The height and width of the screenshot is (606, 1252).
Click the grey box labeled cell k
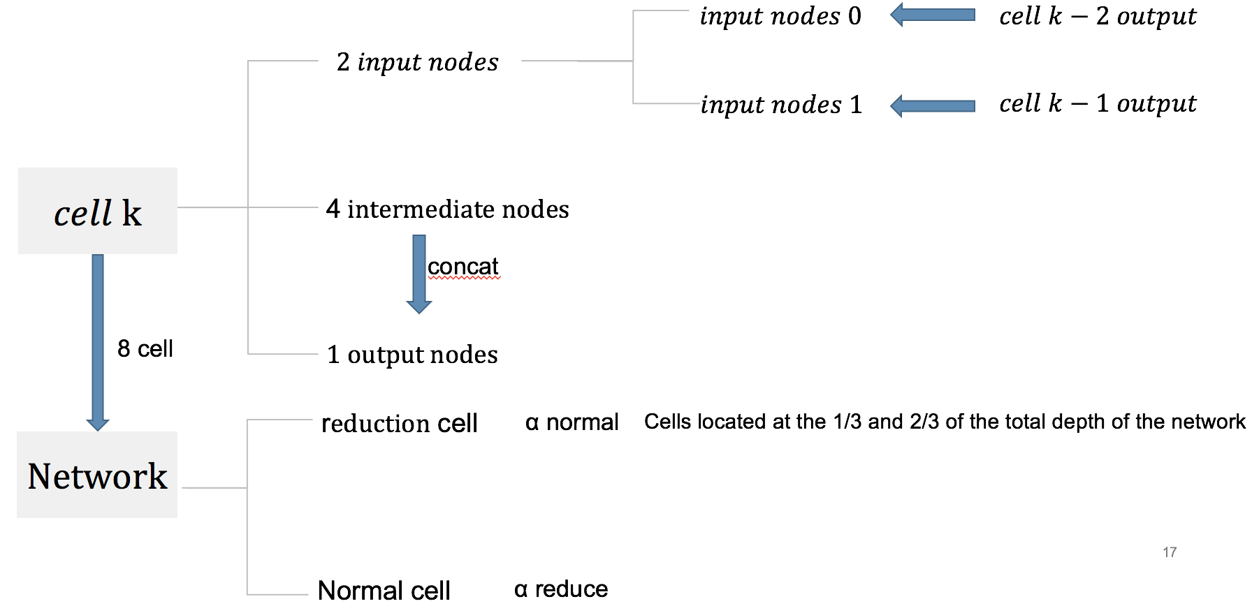click(98, 211)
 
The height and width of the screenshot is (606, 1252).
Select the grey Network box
click(97, 475)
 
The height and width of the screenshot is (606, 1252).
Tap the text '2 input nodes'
click(417, 62)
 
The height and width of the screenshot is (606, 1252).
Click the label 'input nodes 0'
click(780, 16)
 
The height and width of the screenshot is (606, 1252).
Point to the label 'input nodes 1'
click(781, 105)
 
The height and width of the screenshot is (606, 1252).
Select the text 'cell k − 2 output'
click(1097, 16)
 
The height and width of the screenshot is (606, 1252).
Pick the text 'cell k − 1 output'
click(1097, 103)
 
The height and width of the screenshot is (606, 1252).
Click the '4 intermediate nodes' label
click(447, 209)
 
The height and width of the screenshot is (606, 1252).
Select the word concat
click(463, 266)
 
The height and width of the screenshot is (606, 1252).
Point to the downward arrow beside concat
click(418, 274)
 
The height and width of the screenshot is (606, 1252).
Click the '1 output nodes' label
click(412, 355)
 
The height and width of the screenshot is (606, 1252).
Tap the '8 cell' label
click(145, 348)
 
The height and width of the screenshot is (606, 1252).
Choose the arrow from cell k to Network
click(98, 342)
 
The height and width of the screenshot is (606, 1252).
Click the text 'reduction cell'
click(399, 423)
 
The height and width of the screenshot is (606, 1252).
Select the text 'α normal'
click(572, 422)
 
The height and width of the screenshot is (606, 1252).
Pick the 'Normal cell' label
click(384, 591)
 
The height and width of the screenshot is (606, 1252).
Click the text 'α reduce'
click(561, 589)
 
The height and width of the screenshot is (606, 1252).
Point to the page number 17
click(1170, 552)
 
